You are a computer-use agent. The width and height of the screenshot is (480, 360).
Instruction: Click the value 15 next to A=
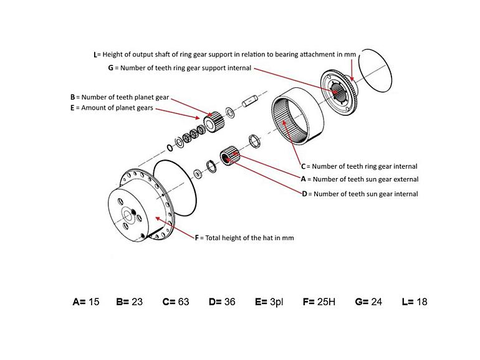pyautogui.click(x=94, y=302)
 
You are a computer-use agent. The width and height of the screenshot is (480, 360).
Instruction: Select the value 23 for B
pyautogui.click(x=137, y=302)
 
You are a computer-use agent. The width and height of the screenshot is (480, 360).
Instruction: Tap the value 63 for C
pyautogui.click(x=183, y=302)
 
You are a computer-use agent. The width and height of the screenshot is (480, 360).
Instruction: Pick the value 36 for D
pyautogui.click(x=229, y=302)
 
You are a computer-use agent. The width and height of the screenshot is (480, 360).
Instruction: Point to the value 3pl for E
pyautogui.click(x=276, y=302)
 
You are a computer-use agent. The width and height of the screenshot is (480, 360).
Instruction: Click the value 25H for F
pyautogui.click(x=326, y=302)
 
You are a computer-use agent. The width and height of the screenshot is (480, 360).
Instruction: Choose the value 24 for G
pyautogui.click(x=376, y=302)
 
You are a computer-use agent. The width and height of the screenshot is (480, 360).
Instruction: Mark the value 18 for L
pyautogui.click(x=421, y=302)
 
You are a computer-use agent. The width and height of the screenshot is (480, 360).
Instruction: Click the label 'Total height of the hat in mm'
pyautogui.click(x=248, y=238)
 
